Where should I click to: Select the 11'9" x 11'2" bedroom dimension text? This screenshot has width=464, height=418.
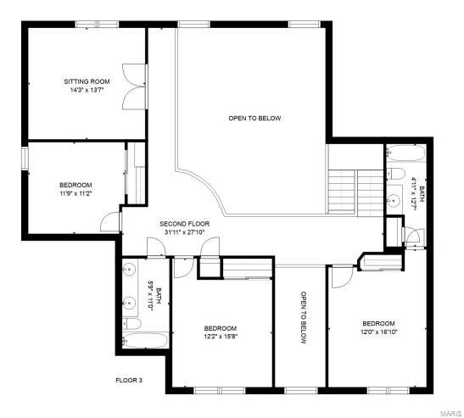coord(75,193)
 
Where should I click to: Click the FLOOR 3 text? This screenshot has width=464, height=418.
coord(129,381)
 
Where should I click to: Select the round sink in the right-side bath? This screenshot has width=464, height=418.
coord(394,201)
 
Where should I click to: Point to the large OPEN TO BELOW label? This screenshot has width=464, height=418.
coord(254,118)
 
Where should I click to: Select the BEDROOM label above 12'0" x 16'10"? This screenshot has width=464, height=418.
coord(378,323)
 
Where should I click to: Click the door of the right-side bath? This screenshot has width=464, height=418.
coord(412,237)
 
